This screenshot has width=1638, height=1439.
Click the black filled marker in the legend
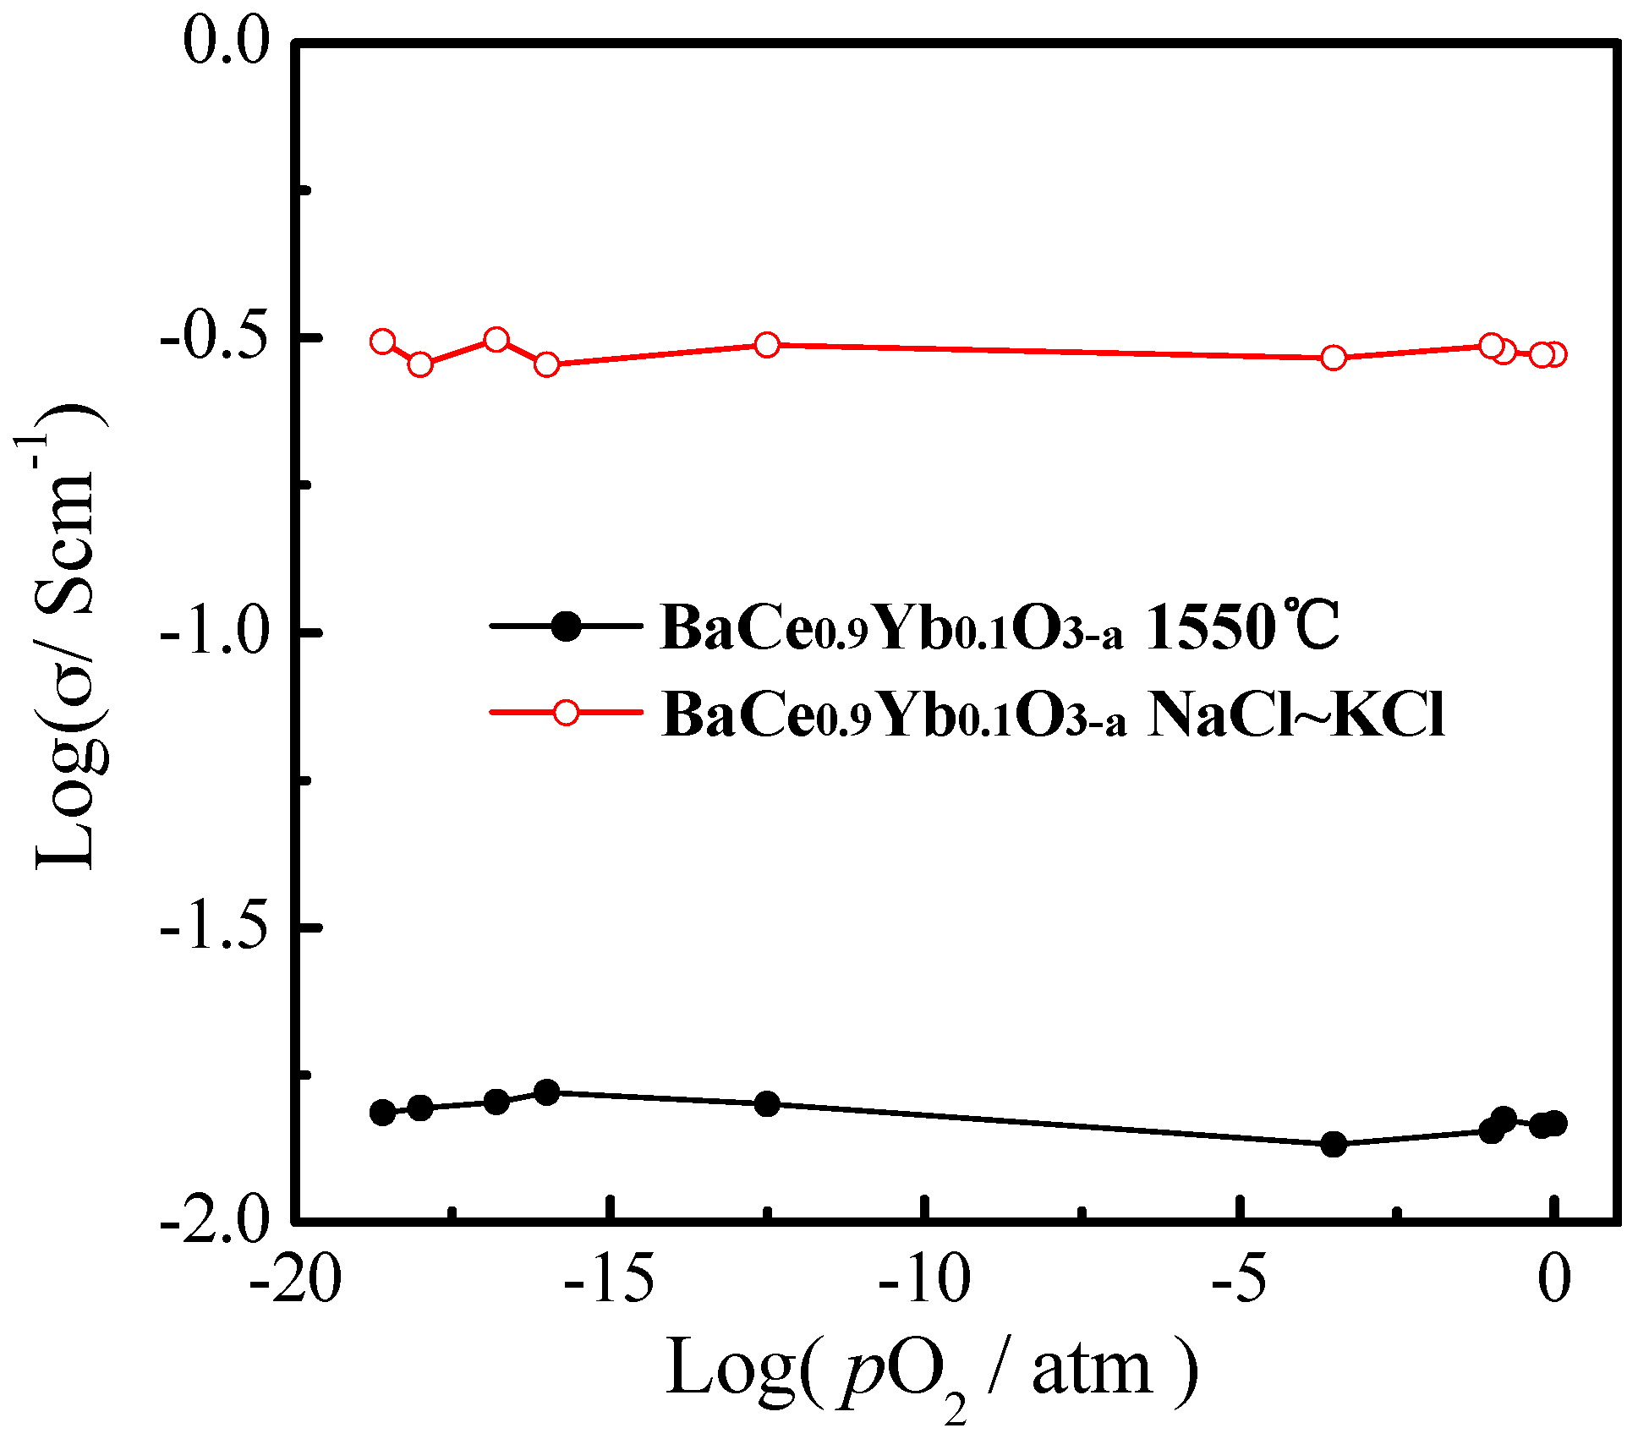pyautogui.click(x=566, y=626)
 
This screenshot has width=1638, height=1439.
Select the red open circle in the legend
pyautogui.click(x=566, y=712)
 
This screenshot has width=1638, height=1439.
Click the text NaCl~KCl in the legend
pyautogui.click(x=1296, y=715)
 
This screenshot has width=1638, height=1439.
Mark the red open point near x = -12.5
pyautogui.click(x=767, y=345)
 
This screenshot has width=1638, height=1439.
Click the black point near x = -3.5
pyautogui.click(x=1334, y=1145)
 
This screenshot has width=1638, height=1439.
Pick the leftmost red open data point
pyautogui.click(x=383, y=342)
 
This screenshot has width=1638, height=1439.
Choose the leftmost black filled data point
pyautogui.click(x=383, y=1113)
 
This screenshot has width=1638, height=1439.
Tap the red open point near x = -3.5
pyautogui.click(x=1334, y=358)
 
